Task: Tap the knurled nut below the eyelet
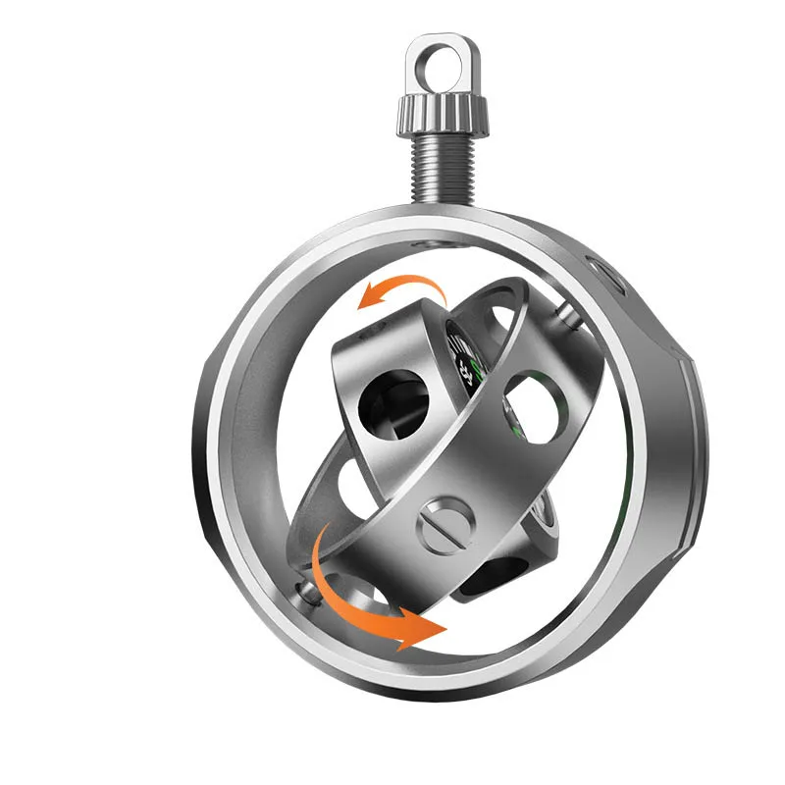coord(443,114)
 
